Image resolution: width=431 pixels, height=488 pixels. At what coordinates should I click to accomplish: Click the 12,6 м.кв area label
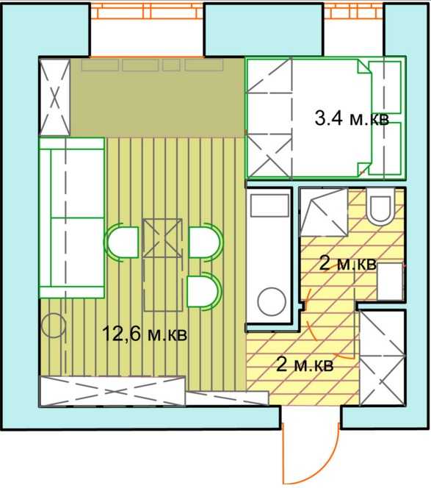(x=145, y=334)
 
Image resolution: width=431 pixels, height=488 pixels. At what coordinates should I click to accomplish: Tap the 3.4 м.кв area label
(x=352, y=118)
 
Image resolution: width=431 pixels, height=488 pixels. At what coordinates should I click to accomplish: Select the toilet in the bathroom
(x=380, y=207)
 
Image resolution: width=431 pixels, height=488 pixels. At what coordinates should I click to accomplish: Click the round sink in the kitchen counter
(x=272, y=301)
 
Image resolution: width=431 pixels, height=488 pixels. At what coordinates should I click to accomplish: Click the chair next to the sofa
(x=122, y=242)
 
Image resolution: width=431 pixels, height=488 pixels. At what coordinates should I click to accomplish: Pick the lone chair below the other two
(x=204, y=291)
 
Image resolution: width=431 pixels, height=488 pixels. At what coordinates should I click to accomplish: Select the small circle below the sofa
(x=54, y=326)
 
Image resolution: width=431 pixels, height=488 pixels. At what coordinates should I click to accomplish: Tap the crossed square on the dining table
(x=162, y=238)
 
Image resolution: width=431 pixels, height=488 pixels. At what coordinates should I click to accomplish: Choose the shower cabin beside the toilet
(x=324, y=212)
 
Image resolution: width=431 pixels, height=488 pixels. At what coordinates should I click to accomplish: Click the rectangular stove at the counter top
(x=269, y=206)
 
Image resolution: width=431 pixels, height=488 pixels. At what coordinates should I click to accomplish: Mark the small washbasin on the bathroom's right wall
(x=391, y=281)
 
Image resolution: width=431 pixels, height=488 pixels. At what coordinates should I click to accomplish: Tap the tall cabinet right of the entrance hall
(x=383, y=358)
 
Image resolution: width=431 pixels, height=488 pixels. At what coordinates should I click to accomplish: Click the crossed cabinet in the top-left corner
(x=55, y=98)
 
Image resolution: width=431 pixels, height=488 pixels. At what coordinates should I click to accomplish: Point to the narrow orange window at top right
(x=354, y=11)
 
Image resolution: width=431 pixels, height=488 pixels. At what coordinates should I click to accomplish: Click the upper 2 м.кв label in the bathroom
(x=348, y=265)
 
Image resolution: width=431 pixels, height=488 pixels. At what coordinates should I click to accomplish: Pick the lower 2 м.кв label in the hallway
(x=305, y=365)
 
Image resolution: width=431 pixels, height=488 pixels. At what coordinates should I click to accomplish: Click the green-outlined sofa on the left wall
(x=71, y=218)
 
